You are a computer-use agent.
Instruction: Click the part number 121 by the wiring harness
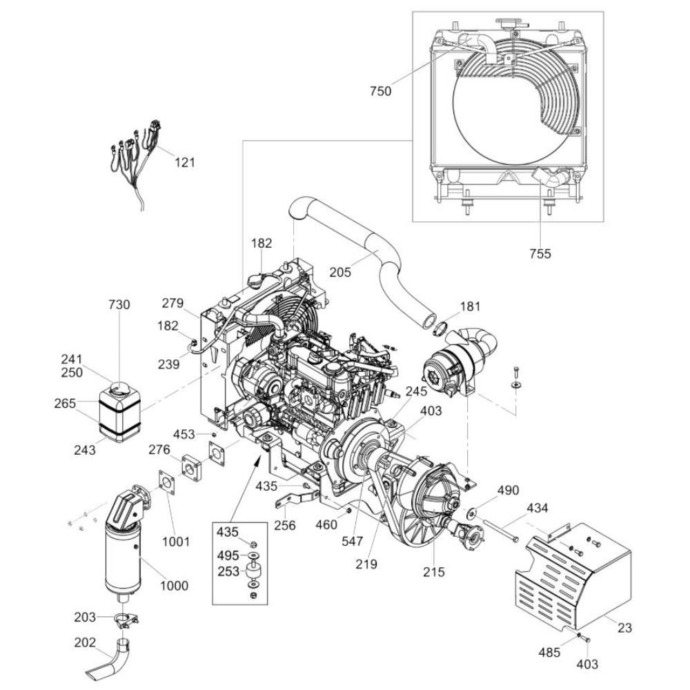tap(185, 162)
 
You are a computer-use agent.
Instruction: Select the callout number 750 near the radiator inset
tap(380, 91)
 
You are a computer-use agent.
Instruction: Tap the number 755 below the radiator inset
tap(540, 253)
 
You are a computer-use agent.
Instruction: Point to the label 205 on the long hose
tap(340, 273)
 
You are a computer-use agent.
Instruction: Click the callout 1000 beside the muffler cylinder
tap(175, 586)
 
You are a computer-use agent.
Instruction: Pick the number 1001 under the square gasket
tap(176, 541)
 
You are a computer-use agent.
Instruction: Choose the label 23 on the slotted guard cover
tap(625, 627)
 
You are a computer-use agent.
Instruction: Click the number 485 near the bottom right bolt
tap(549, 652)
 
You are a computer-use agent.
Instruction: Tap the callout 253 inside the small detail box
tap(228, 571)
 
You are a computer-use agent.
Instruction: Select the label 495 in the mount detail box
tap(228, 555)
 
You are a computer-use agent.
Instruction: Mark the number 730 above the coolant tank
tap(119, 304)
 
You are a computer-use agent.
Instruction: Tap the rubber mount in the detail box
tap(253, 571)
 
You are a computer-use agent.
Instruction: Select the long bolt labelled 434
tap(500, 531)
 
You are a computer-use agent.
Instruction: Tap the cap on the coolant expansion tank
tap(119, 388)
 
